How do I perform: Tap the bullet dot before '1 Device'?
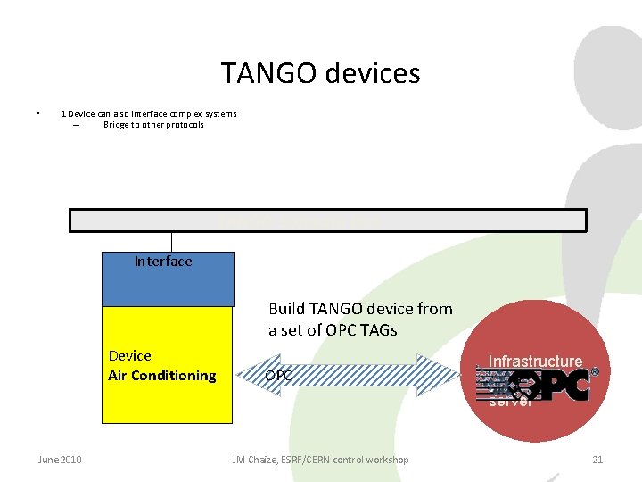pyautogui.click(x=37, y=113)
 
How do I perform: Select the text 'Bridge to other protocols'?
pyautogui.click(x=153, y=125)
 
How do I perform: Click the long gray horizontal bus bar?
pyautogui.click(x=328, y=220)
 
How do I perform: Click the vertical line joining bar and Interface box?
pyautogui.click(x=171, y=242)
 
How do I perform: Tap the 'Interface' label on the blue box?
pyautogui.click(x=163, y=262)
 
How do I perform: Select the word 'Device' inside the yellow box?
pyautogui.click(x=130, y=356)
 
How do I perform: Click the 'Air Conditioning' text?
pyautogui.click(x=161, y=376)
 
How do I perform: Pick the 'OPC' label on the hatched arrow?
pyautogui.click(x=278, y=376)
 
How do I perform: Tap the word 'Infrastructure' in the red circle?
pyautogui.click(x=535, y=361)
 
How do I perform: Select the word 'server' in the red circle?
pyautogui.click(x=510, y=402)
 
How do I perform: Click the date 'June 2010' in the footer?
pyautogui.click(x=60, y=460)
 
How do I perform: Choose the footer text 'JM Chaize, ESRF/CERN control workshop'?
pyautogui.click(x=320, y=460)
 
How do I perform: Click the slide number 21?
pyautogui.click(x=597, y=460)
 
